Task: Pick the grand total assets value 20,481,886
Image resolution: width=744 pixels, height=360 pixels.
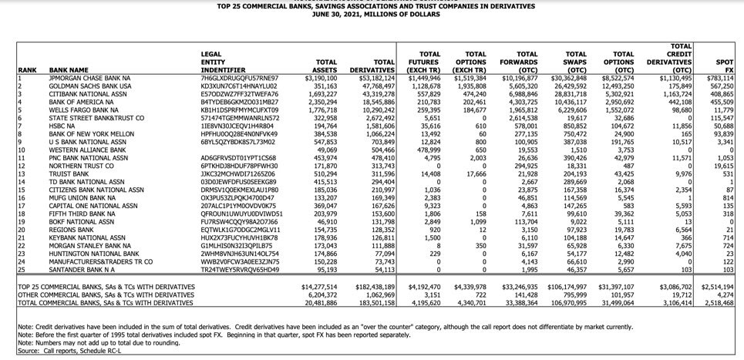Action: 320,304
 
